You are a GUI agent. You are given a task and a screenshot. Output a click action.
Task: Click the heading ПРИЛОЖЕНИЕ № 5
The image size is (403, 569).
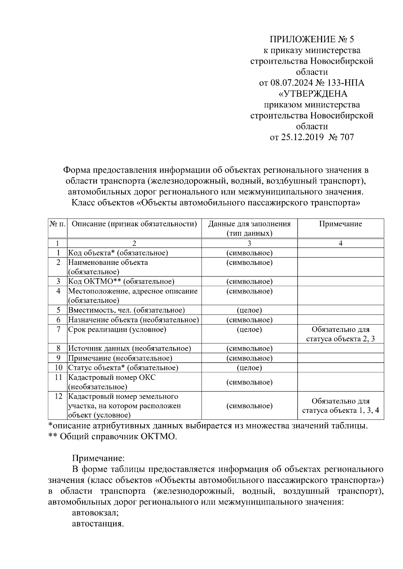coord(312,40)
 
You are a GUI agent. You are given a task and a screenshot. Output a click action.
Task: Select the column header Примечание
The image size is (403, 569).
coord(340,224)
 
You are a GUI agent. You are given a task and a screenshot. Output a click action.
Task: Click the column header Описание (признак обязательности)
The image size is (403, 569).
coord(134,224)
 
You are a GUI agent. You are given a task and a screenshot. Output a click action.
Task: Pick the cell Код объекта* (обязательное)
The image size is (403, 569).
coord(118,253)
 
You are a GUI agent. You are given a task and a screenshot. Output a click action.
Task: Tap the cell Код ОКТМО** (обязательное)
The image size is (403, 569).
coord(121,281)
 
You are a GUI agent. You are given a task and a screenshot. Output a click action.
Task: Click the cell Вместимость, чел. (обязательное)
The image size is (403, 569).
coord(127,310)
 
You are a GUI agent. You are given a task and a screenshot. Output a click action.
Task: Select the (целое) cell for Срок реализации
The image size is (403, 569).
coord(249,330)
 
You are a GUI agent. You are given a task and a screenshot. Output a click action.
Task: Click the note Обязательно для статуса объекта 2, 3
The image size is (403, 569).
coord(340,334)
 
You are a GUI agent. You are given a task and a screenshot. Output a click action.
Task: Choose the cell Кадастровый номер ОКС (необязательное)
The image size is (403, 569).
coord(112,382)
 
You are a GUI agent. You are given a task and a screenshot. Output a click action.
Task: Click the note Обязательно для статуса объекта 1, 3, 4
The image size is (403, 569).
coord(340,406)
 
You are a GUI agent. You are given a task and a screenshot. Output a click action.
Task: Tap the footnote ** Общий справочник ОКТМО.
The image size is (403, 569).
coord(113,437)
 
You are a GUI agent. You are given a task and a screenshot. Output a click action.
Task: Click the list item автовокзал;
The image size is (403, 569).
coord(95,513)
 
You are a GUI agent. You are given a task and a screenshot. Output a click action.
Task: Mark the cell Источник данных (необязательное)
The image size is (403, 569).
coord(130,349)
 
